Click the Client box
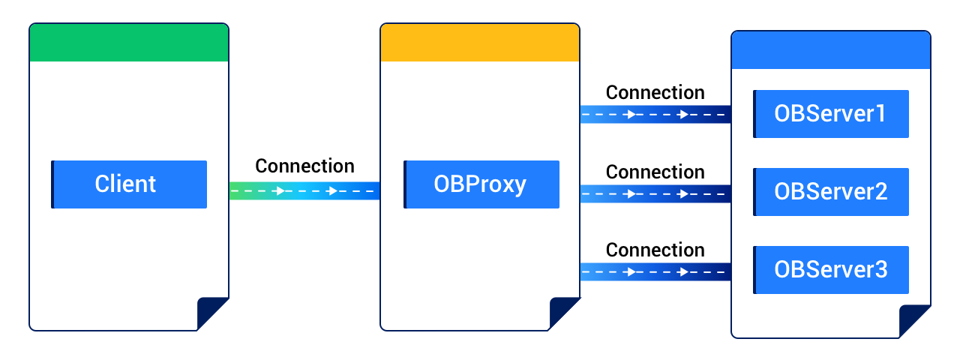click(x=129, y=184)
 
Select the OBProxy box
click(x=481, y=184)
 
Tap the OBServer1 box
click(x=831, y=114)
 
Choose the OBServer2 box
click(x=831, y=191)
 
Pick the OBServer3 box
click(x=831, y=269)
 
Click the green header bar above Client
click(x=128, y=43)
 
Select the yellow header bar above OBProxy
click(x=480, y=43)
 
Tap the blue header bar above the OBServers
click(x=831, y=50)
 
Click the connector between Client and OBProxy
click(x=304, y=191)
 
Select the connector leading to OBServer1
click(x=655, y=115)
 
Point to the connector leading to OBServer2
click(x=655, y=194)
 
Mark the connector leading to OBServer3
click(x=655, y=271)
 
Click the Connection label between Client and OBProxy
click(x=304, y=166)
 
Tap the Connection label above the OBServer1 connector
click(x=655, y=92)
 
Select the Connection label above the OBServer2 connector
click(x=655, y=172)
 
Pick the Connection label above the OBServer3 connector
click(x=655, y=249)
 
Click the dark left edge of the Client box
click(x=52, y=184)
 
